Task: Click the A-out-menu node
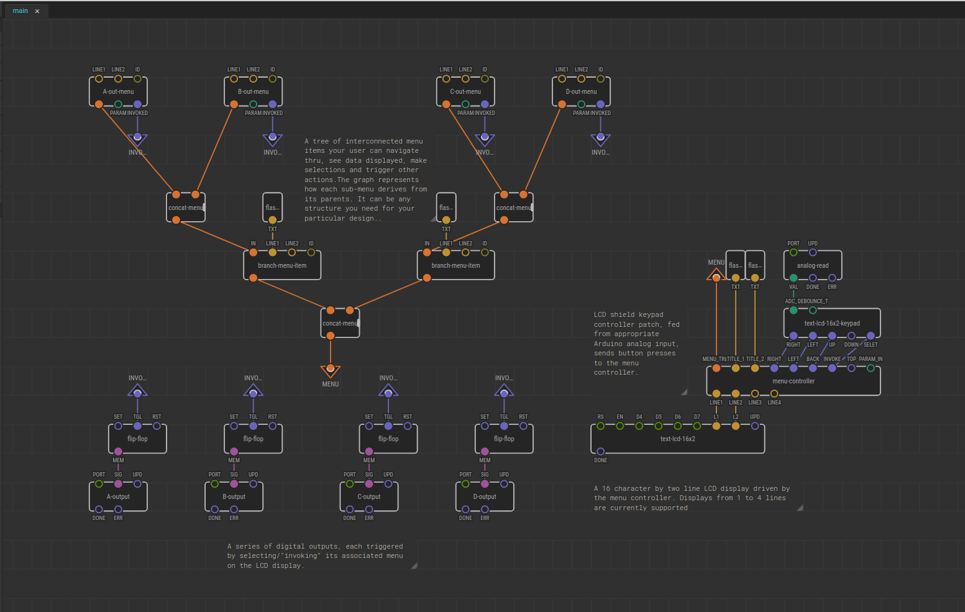click(118, 91)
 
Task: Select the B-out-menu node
click(253, 91)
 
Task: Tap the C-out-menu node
click(465, 91)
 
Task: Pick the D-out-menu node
click(581, 91)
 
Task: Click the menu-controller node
click(793, 381)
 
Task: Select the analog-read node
click(812, 265)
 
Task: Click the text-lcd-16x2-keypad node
click(831, 323)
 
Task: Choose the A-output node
click(118, 496)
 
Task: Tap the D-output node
click(485, 496)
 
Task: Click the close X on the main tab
click(37, 11)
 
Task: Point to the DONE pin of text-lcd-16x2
click(600, 452)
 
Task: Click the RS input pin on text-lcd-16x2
click(600, 426)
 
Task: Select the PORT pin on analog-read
click(793, 252)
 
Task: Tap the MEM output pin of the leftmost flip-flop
click(118, 452)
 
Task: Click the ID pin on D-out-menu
click(600, 79)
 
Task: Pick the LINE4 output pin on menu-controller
click(774, 393)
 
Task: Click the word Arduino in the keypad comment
click(606, 344)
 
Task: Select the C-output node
click(368, 496)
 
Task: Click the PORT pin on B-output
click(214, 483)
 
